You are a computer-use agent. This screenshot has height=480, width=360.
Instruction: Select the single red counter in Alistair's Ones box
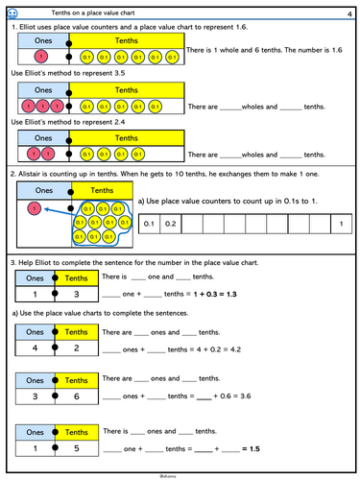tap(35, 207)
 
